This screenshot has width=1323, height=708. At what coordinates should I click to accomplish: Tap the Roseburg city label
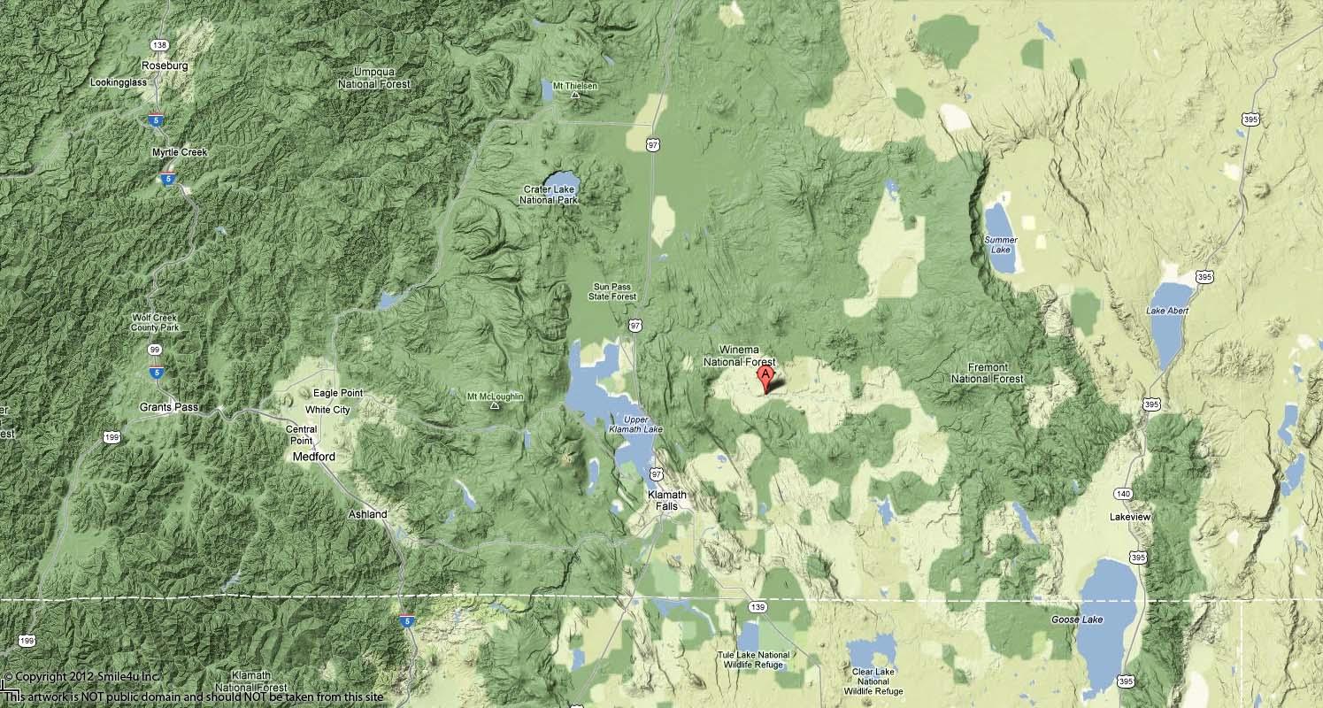(165, 65)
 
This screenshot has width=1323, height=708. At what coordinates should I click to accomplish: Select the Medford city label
(314, 457)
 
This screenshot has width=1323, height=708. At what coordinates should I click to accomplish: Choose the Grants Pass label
(169, 407)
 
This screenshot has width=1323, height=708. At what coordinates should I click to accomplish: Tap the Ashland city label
(367, 514)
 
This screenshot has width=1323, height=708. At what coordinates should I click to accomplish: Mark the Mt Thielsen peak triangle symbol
(574, 95)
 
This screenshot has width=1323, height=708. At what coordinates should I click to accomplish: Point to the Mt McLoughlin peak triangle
(494, 406)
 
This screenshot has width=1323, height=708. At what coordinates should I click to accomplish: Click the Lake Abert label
(1167, 311)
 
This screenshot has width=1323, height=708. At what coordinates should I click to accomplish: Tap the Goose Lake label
(1077, 619)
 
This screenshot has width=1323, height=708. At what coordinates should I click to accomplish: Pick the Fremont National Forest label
(987, 373)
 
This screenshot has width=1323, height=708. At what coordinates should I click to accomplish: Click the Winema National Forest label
(739, 357)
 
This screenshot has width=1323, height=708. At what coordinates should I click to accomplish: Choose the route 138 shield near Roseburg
(159, 45)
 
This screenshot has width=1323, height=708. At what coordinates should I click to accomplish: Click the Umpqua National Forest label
(373, 77)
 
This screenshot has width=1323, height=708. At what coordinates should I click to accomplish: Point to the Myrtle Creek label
(179, 152)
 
